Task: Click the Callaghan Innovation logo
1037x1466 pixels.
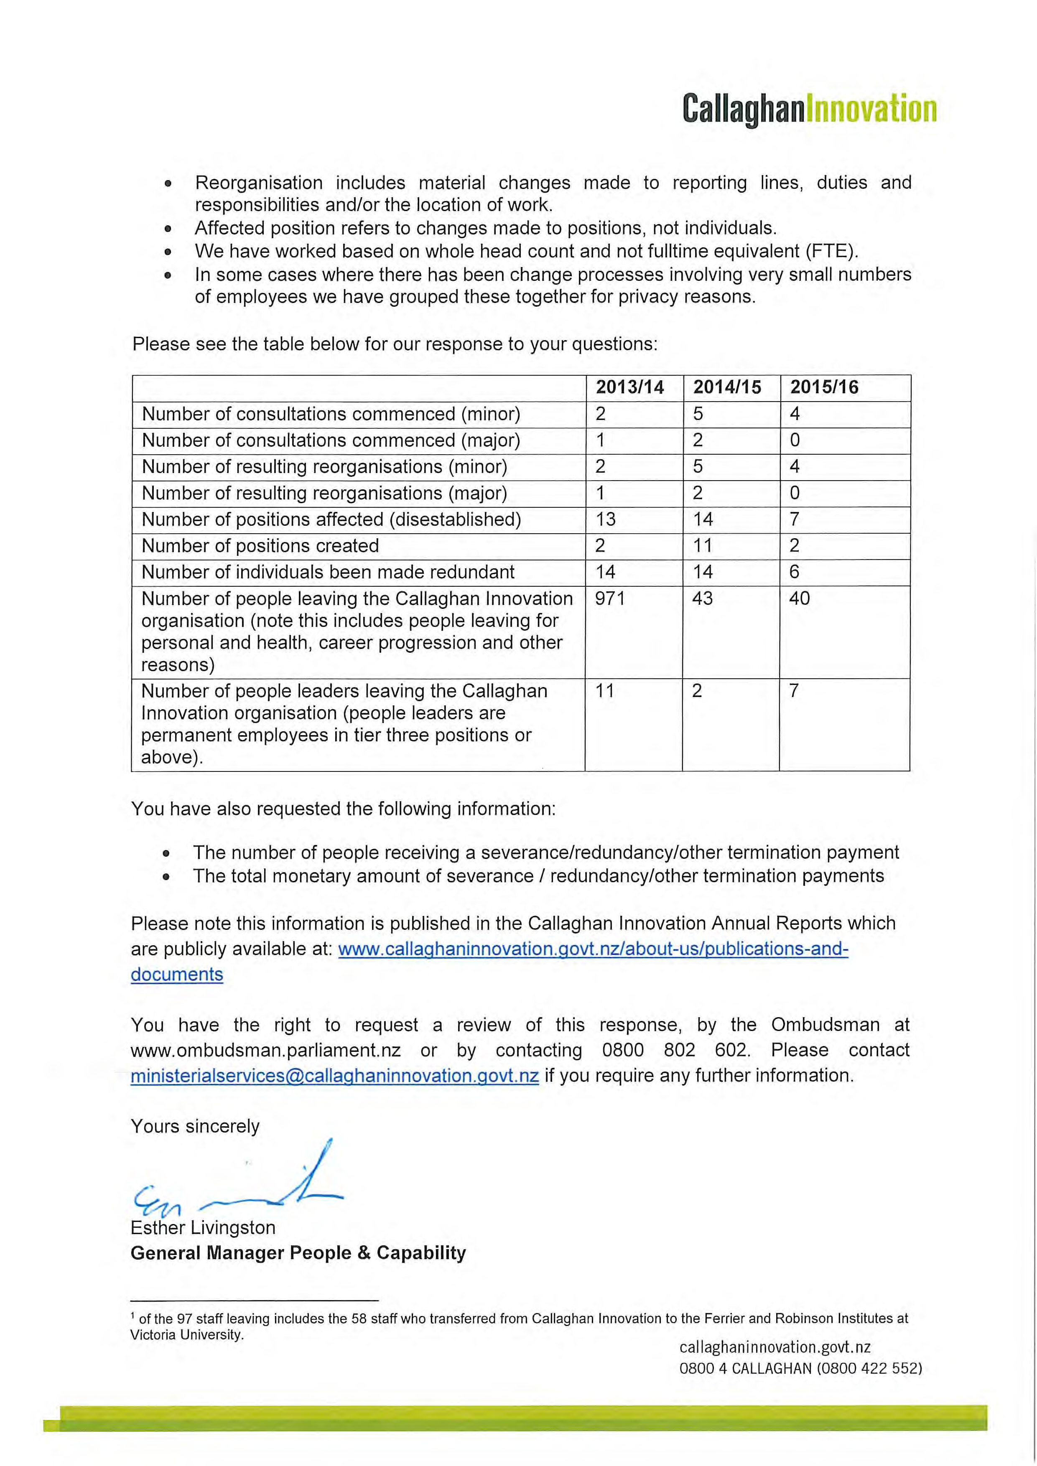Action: (809, 109)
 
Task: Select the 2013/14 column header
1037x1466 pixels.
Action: (629, 387)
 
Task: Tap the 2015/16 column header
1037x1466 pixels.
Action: (824, 387)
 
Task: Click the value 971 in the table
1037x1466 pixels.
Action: (610, 598)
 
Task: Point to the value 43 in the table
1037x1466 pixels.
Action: (702, 598)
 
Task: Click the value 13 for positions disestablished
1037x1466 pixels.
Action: (605, 519)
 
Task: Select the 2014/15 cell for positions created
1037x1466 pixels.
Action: (702, 545)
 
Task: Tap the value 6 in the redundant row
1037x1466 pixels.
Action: (794, 571)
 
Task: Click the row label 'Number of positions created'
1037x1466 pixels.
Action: (260, 546)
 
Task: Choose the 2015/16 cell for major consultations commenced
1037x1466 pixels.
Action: (794, 440)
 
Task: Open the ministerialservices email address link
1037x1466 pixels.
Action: (335, 1076)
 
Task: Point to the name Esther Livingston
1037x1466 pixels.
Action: (203, 1228)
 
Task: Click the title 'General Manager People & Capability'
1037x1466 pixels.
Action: (298, 1253)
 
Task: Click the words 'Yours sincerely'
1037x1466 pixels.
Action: (195, 1126)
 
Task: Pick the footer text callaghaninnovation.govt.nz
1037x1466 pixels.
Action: (775, 1347)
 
